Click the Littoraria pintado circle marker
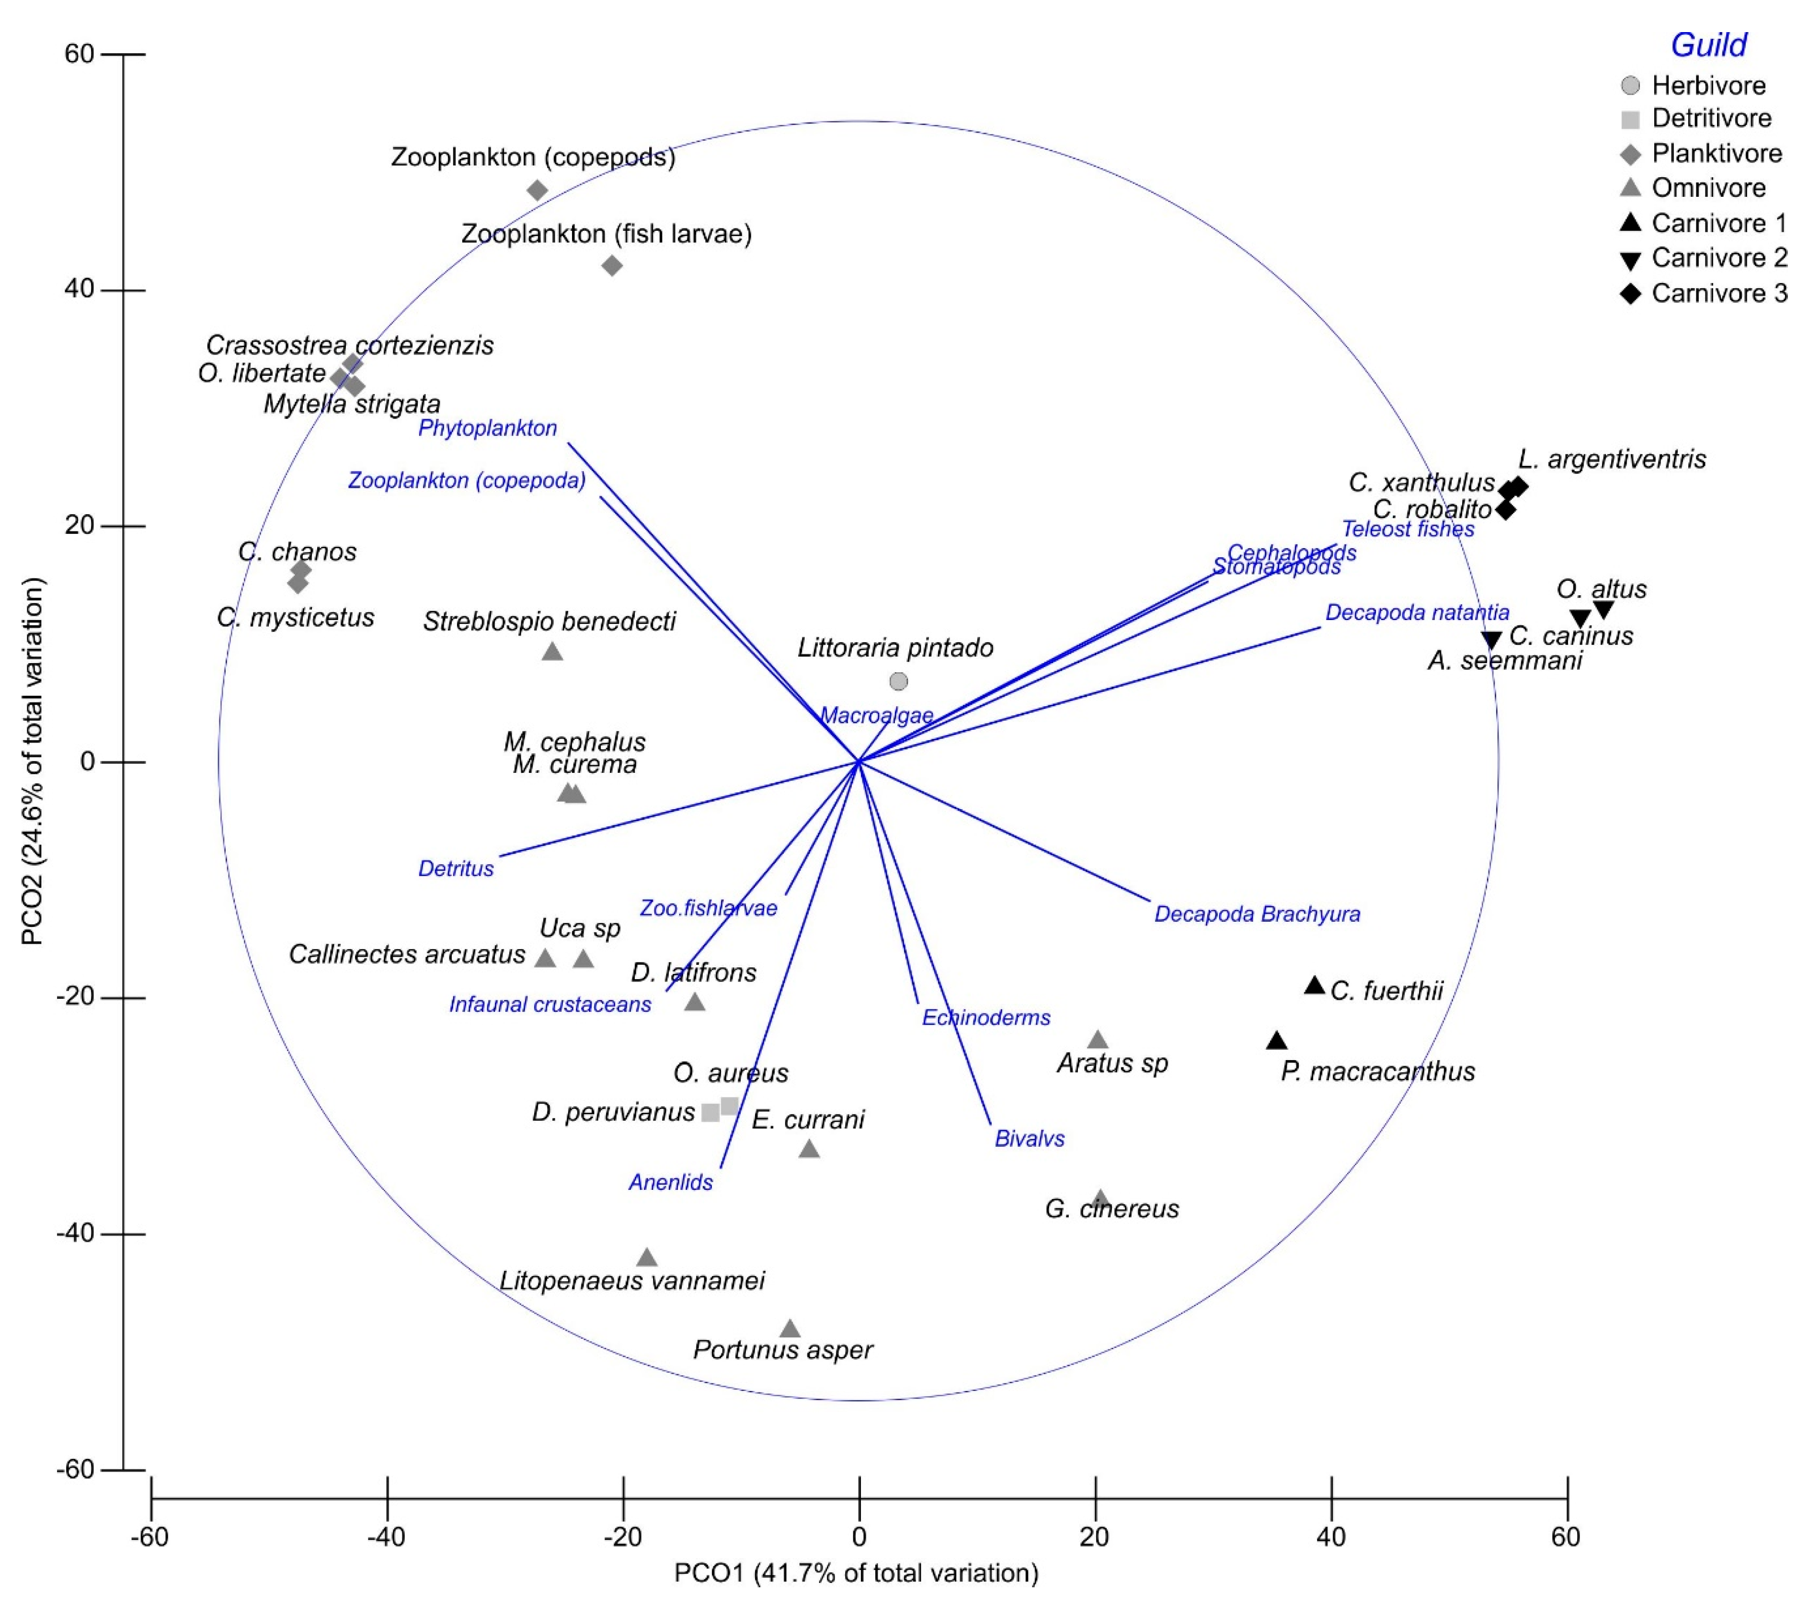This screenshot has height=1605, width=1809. [898, 681]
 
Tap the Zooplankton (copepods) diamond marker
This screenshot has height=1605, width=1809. [537, 190]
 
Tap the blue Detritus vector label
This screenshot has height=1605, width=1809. [456, 869]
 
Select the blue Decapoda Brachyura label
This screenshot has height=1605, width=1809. [1257, 914]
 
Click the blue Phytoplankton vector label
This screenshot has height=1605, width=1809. [488, 428]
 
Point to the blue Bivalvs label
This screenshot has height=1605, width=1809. [1029, 1139]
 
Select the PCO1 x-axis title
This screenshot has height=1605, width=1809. [856, 1573]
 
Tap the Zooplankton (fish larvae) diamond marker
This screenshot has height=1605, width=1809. [612, 265]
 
